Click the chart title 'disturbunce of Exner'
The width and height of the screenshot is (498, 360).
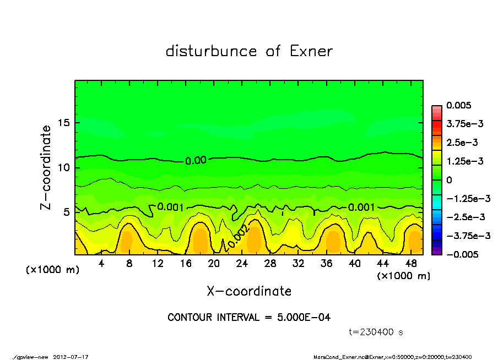(249, 51)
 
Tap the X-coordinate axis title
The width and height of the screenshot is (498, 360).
(249, 291)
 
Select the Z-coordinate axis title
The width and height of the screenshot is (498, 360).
(46, 167)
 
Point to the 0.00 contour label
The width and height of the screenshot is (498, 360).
(196, 161)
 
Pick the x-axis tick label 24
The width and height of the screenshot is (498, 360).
(242, 264)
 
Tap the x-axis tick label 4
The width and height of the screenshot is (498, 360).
(101, 264)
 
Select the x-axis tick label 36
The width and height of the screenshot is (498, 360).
(327, 264)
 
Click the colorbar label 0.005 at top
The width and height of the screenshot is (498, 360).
(459, 105)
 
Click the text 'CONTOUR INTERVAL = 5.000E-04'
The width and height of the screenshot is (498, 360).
(249, 318)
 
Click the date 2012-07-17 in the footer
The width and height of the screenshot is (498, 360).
(71, 356)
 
